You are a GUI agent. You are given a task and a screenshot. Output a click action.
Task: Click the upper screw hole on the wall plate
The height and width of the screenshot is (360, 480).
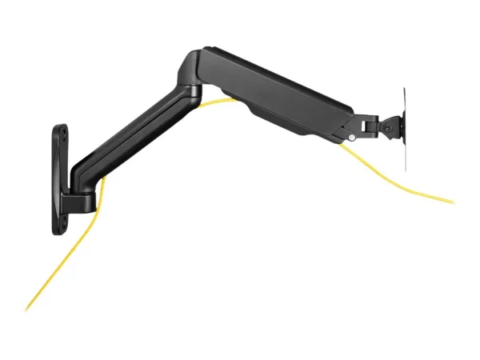(62, 131)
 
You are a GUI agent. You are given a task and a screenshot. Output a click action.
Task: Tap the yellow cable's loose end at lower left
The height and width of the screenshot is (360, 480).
(26, 309)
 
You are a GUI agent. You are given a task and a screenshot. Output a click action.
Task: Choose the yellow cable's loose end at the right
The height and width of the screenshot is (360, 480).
(453, 201)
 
